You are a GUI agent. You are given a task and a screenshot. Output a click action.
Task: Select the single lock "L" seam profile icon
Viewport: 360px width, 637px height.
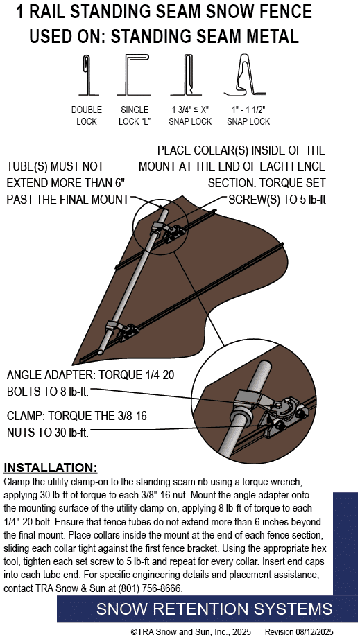pos(133,75)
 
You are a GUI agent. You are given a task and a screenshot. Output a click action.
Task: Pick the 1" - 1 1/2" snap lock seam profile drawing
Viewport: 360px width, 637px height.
pos(244,74)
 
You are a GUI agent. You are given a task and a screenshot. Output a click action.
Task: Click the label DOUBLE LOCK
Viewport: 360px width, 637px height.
pos(87,115)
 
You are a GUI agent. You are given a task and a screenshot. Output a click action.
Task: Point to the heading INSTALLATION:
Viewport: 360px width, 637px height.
pos(51,468)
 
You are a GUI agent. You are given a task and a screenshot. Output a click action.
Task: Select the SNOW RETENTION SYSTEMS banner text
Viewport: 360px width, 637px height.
pos(214,609)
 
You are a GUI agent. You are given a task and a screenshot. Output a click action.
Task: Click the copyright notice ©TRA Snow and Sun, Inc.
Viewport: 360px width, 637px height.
pos(191,631)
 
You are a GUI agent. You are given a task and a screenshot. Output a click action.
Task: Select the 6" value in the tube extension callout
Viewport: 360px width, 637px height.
pos(119,183)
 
